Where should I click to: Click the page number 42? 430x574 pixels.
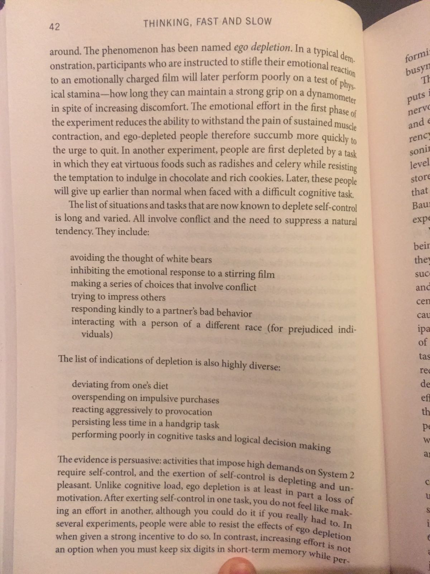point(54,27)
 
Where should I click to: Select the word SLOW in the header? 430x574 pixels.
point(258,22)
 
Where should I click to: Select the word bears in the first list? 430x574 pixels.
point(199,259)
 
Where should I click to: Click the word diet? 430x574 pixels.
point(159,386)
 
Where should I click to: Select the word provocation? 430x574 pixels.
point(188,412)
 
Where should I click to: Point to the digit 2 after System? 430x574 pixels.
point(352,476)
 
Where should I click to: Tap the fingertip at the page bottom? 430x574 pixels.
point(236,567)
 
